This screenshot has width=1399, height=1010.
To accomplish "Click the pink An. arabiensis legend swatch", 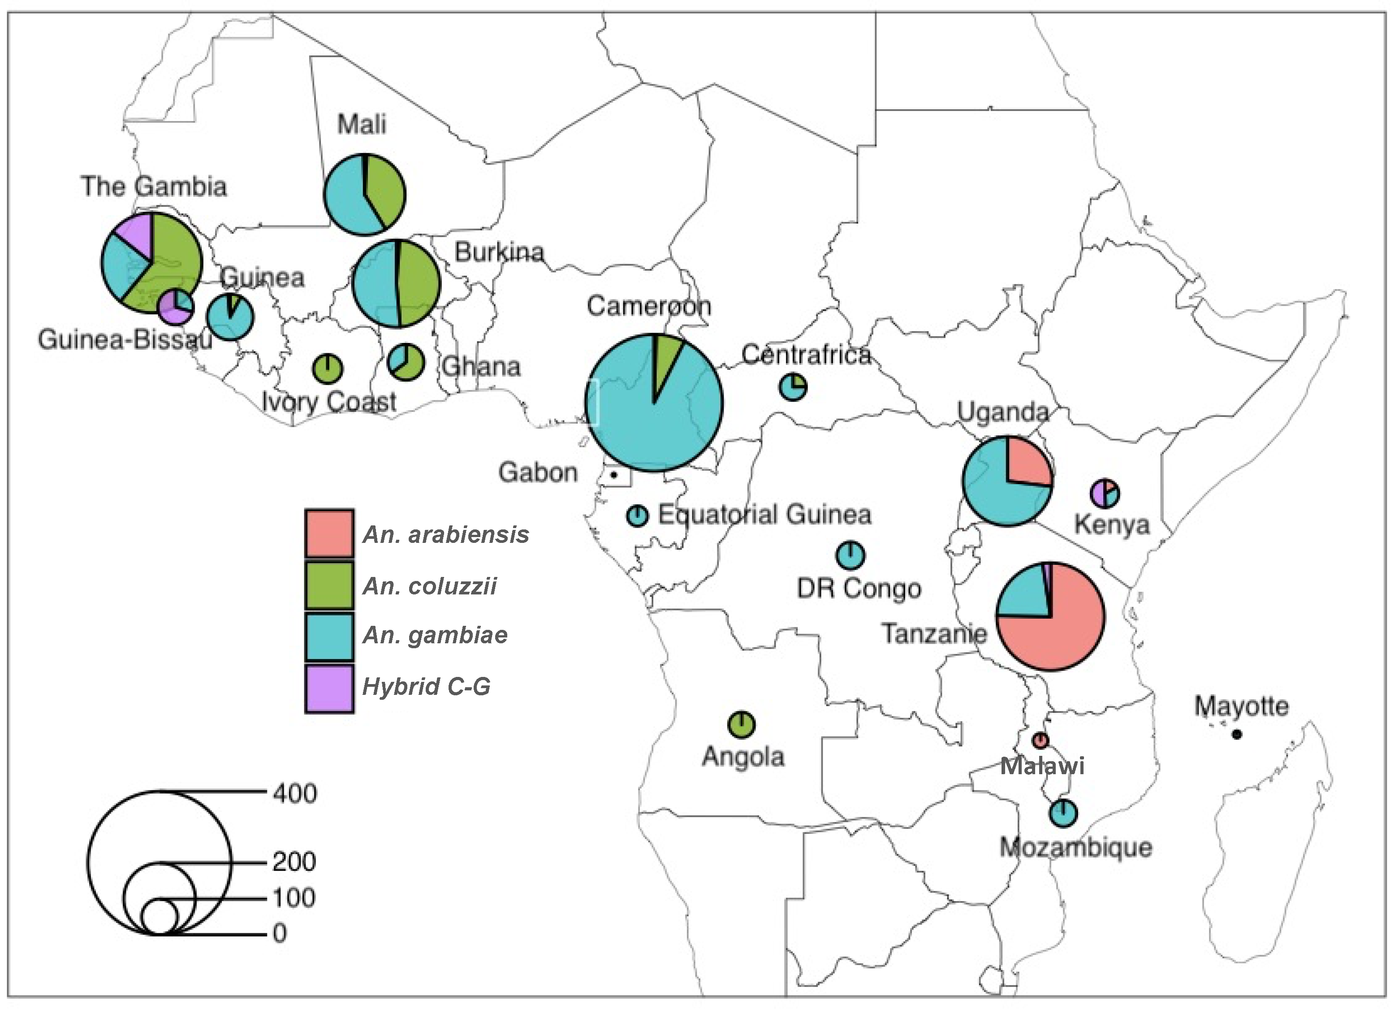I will pyautogui.click(x=329, y=533).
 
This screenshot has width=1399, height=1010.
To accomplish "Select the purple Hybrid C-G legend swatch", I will pyautogui.click(x=329, y=688).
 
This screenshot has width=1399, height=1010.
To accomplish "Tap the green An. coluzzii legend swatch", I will pyautogui.click(x=329, y=585).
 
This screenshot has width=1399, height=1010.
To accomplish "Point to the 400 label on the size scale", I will pyautogui.click(x=295, y=793).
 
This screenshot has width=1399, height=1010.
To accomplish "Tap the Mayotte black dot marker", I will pyautogui.click(x=1236, y=734).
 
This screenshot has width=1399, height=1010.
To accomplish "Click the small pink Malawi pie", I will pyautogui.click(x=1040, y=740).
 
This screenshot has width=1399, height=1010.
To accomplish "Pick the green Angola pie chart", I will pyautogui.click(x=742, y=724).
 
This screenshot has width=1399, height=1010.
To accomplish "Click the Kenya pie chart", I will pyautogui.click(x=1104, y=493).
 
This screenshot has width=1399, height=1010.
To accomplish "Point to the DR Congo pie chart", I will pyautogui.click(x=850, y=555).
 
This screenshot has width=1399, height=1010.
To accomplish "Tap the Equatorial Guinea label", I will pyautogui.click(x=764, y=515).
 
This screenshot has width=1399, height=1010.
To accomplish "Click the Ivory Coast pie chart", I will pyautogui.click(x=328, y=368).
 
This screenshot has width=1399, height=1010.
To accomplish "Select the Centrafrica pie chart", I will pyautogui.click(x=793, y=387).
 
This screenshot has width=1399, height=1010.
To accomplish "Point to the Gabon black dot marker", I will pyautogui.click(x=614, y=475).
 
